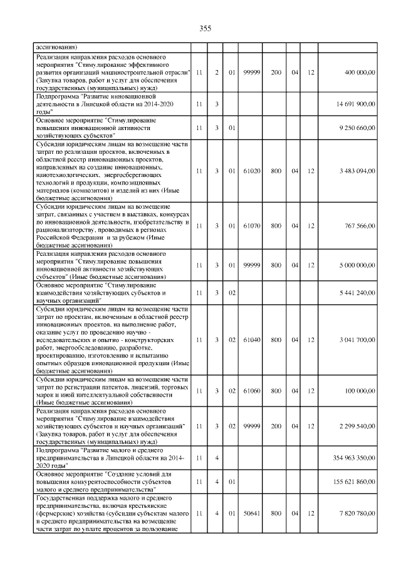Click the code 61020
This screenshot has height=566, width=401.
tap(252, 171)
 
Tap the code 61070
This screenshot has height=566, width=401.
tap(252, 225)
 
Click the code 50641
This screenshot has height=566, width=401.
tap(252, 513)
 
